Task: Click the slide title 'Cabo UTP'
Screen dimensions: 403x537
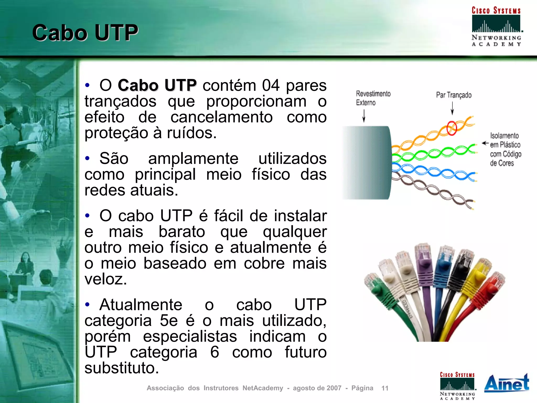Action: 85,33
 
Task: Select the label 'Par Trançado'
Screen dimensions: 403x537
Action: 454,95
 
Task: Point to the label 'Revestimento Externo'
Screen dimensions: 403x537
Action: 373,98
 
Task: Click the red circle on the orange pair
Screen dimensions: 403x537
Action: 452,128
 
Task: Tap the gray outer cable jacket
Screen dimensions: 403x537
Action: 367,163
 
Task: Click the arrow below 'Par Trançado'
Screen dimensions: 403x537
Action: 452,108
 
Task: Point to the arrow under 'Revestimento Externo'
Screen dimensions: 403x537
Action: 364,116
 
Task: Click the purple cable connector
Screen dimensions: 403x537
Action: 423,262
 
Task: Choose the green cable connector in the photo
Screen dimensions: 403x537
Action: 378,288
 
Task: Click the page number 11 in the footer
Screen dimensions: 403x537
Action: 385,388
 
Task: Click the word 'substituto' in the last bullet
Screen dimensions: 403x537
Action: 122,368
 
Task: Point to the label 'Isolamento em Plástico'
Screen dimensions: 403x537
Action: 505,140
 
